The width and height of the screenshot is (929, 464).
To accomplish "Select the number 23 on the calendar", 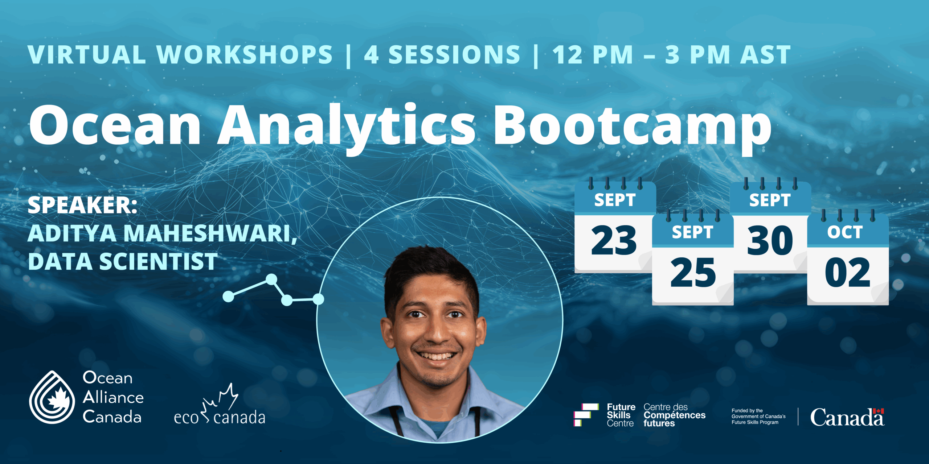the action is tap(614, 240).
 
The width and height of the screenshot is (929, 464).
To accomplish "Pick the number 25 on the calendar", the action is tap(693, 272).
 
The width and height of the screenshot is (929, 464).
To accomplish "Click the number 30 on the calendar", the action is tap(770, 240).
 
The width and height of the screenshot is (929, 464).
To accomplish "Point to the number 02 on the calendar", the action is tap(848, 272).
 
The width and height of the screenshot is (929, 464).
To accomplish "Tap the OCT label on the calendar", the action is tap(845, 232).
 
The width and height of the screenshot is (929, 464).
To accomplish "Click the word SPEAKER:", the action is tap(83, 205).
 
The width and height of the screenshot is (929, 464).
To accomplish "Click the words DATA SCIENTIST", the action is tap(123, 261).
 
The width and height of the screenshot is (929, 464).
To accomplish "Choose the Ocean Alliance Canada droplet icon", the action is tap(52, 397).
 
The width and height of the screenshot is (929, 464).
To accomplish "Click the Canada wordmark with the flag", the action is tap(847, 417).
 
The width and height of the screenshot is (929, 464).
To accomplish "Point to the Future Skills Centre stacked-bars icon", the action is tap(586, 415).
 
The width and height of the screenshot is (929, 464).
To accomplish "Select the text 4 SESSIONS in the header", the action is tap(442, 55).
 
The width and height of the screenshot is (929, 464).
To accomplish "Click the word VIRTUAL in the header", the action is tap(87, 55).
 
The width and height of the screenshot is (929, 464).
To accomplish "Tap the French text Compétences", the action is tap(675, 415).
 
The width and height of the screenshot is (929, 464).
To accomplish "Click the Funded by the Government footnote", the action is tap(758, 417).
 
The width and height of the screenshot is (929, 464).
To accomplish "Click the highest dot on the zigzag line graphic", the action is tap(271, 279).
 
